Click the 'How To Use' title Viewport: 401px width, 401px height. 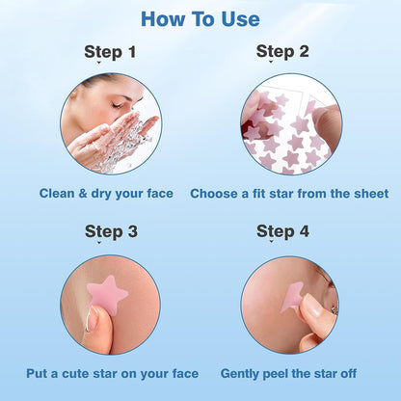(x=200, y=19)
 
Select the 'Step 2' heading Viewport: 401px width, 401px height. (x=281, y=52)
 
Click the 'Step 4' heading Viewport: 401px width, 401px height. (x=281, y=231)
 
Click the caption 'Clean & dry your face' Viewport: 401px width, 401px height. (x=106, y=194)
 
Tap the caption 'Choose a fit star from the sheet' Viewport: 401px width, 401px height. (x=289, y=194)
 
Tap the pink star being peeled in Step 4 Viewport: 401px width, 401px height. (x=293, y=294)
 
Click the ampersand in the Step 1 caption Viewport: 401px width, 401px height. (x=84, y=194)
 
